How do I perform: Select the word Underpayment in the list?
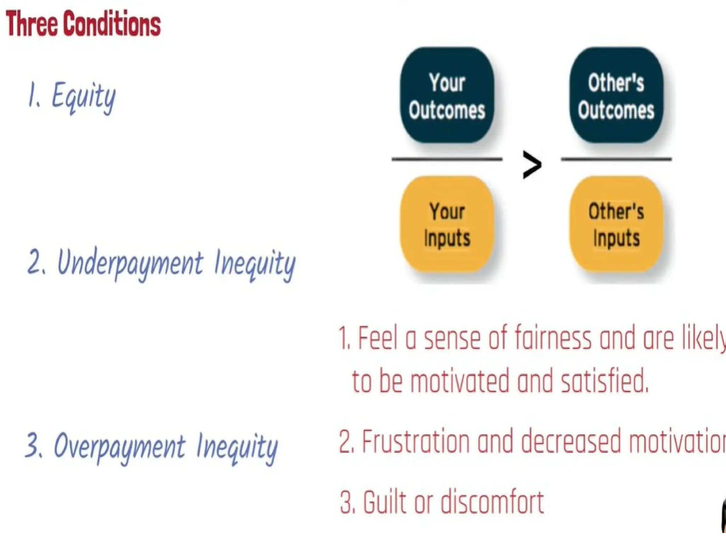pos(130,263)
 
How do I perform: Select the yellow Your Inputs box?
pos(447,224)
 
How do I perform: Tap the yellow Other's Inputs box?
pos(616,224)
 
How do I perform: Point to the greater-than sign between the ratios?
pos(532,165)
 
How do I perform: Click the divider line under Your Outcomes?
pos(447,159)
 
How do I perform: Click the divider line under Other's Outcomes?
pos(616,159)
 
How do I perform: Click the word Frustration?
pos(415,442)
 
